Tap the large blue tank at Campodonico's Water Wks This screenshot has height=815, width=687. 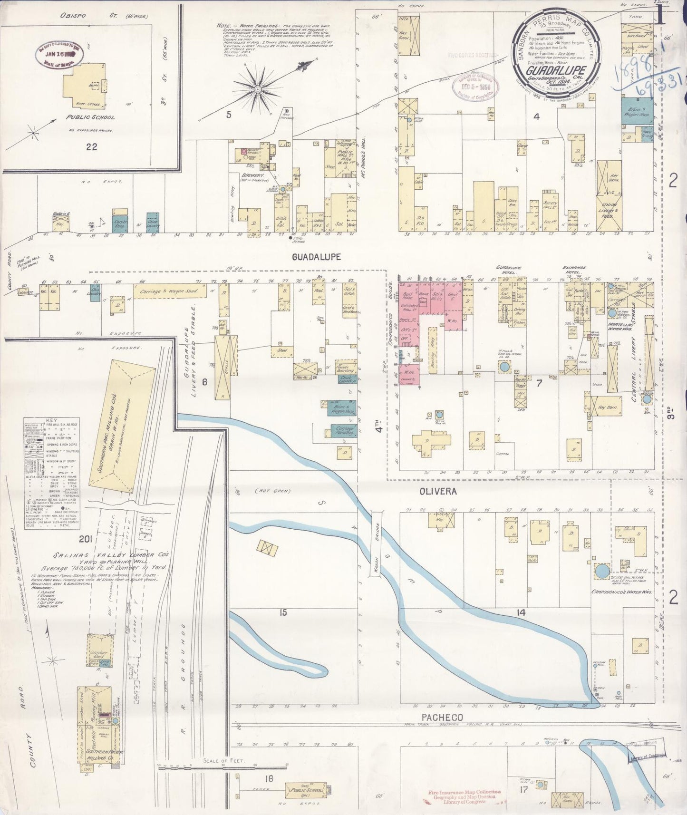tap(602, 571)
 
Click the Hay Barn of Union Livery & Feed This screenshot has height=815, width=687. tap(609, 178)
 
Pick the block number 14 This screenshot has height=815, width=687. tap(521, 612)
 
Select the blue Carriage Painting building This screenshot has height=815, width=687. tap(344, 431)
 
